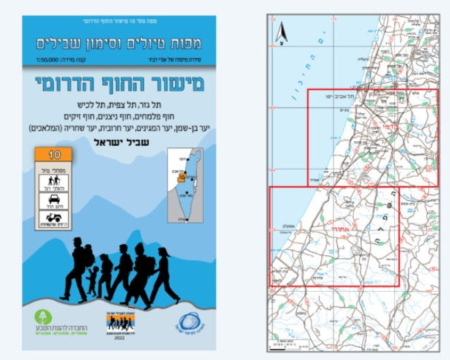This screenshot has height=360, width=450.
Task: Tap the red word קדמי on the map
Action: click(389, 127)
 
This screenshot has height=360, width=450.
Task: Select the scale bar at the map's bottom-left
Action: click(280, 346)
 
